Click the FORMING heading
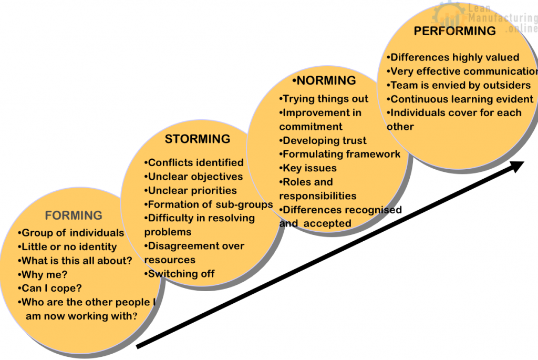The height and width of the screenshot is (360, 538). point(74,215)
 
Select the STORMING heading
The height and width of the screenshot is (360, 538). point(198,139)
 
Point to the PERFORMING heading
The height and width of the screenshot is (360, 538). point(454,31)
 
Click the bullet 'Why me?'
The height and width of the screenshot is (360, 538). point(45,274)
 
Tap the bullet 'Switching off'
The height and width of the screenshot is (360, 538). point(179,273)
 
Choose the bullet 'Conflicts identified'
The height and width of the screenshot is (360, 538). point(194,163)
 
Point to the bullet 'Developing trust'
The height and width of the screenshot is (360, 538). point(323,140)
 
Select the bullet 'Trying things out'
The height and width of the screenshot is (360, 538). point(324,99)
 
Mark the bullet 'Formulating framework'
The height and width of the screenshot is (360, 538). point(340,154)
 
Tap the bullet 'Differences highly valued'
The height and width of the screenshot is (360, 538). point(453,58)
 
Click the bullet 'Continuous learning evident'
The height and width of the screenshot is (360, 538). point(460,99)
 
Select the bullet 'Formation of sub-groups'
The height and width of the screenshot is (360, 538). point(209,204)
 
